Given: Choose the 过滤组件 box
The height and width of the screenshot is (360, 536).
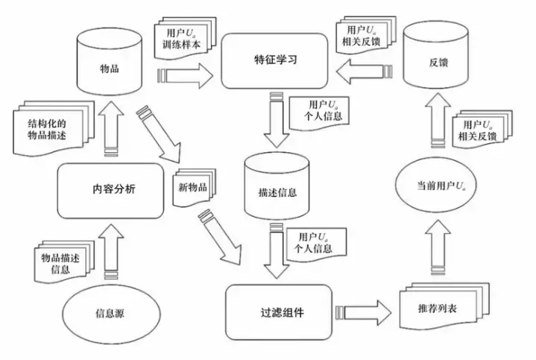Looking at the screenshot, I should [x=277, y=312].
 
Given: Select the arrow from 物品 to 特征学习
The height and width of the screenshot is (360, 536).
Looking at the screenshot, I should [x=186, y=74].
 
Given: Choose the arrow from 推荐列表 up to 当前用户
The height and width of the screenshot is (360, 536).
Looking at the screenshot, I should [x=435, y=250].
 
